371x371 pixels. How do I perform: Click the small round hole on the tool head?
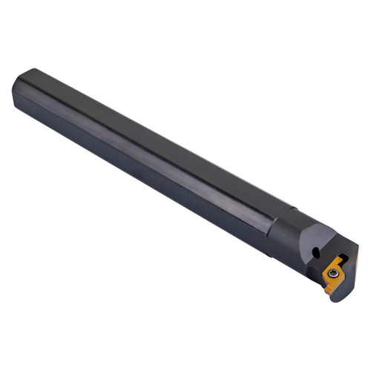tap(316, 253)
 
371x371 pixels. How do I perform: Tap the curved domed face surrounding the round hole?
tap(308, 249)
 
